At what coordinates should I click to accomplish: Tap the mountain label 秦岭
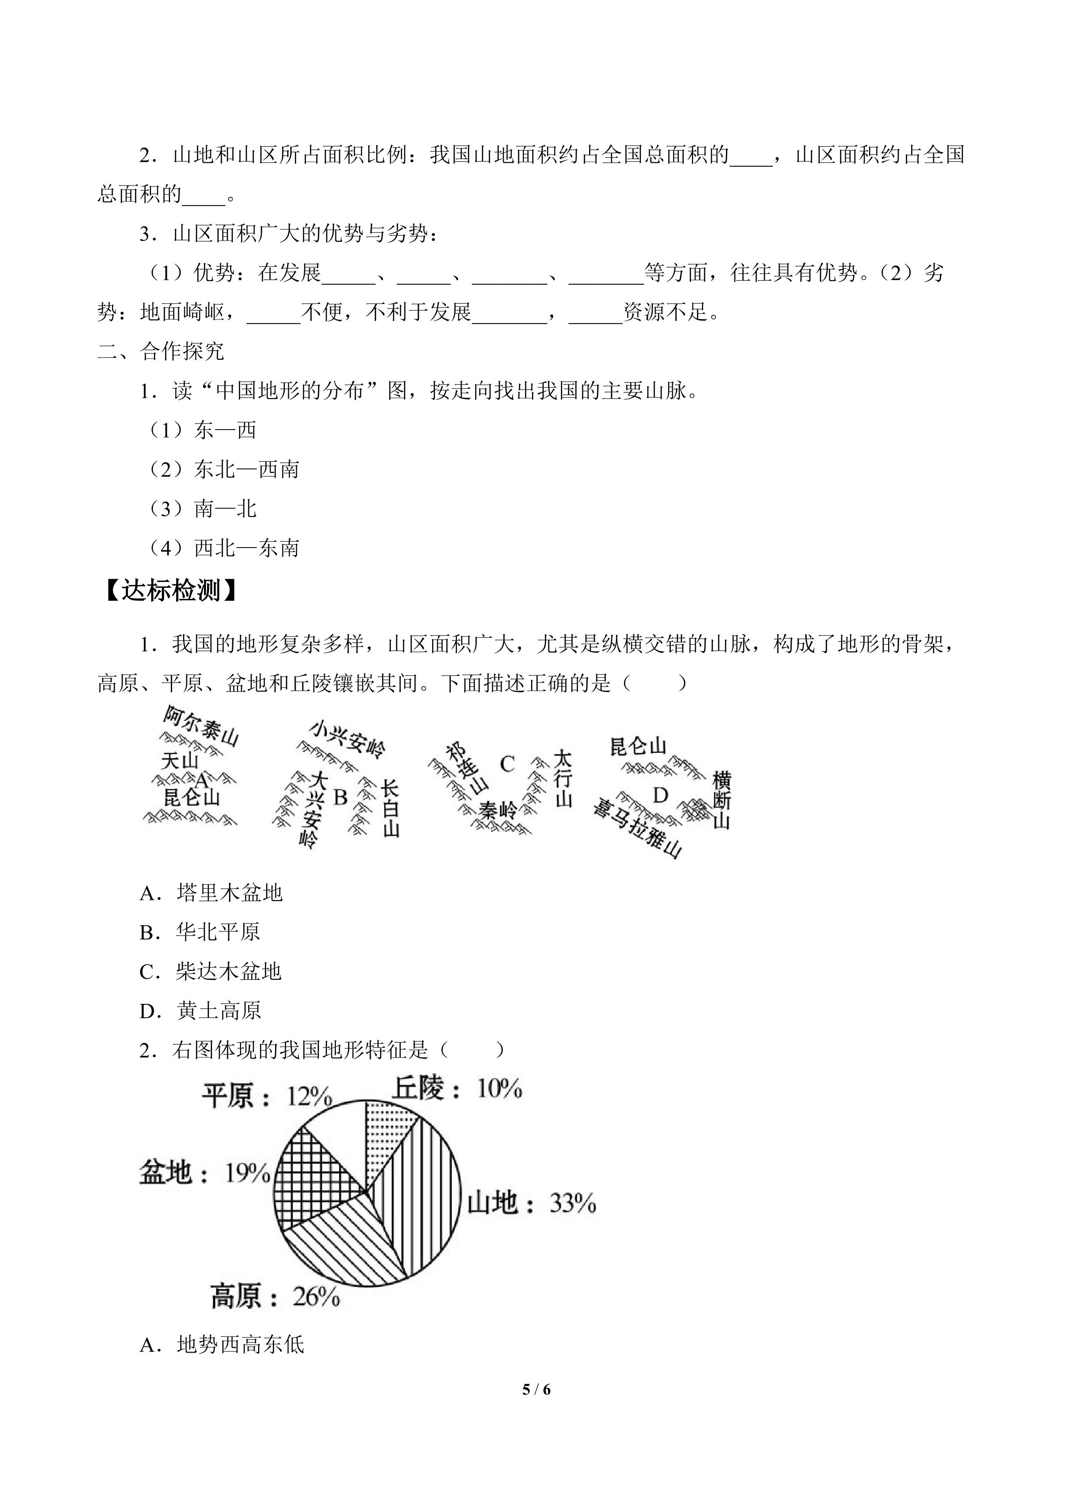497,811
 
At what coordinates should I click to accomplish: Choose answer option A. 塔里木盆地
211,893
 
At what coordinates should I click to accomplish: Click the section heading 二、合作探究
161,351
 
